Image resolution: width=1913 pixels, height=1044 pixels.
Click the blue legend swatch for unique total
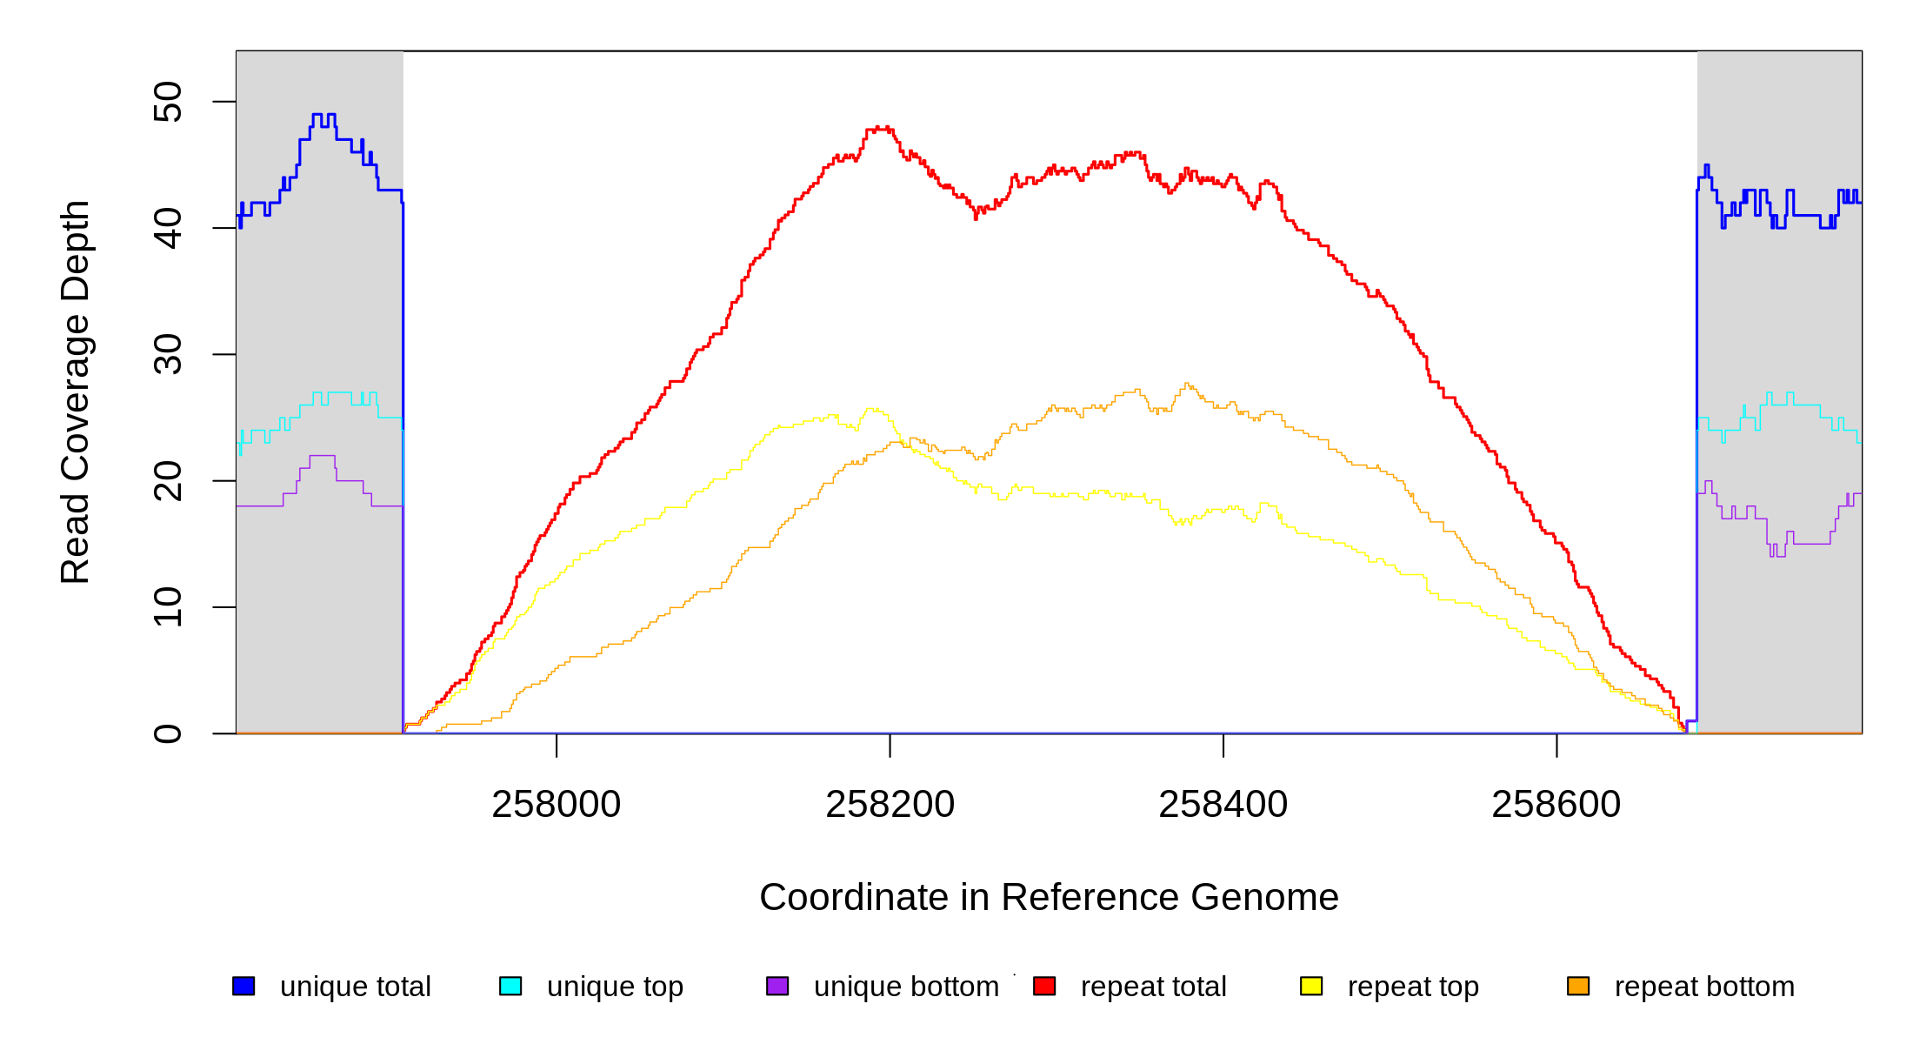[x=243, y=986]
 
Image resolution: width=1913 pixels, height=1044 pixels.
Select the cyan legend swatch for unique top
[x=510, y=986]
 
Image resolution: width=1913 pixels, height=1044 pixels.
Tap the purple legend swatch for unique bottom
[x=777, y=986]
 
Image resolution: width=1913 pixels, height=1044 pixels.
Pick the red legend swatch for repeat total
[x=1044, y=986]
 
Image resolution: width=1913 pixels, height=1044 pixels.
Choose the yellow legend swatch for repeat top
[x=1311, y=986]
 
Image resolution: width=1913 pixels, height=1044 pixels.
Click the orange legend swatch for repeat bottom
[x=1578, y=986]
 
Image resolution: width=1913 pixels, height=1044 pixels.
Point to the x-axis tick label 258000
[x=557, y=805]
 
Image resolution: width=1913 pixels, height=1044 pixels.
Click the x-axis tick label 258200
[x=890, y=805]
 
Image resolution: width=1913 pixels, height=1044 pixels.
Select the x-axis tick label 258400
[x=1223, y=805]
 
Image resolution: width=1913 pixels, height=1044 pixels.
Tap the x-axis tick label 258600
[x=1556, y=805]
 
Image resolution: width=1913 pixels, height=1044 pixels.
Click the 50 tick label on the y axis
[x=168, y=102]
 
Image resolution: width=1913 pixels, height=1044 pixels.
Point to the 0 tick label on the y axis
[x=168, y=733]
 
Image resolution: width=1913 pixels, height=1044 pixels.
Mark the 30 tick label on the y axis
[x=168, y=354]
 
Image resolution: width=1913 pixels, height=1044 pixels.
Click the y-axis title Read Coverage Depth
[x=75, y=391]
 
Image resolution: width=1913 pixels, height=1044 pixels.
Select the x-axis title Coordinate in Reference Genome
[x=1049, y=897]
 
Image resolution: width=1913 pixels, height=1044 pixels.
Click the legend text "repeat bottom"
[x=1704, y=987]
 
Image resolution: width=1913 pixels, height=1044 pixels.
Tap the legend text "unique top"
[x=615, y=987]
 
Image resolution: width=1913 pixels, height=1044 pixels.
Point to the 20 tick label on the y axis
[x=168, y=481]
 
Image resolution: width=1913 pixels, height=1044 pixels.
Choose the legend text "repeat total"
[x=1153, y=987]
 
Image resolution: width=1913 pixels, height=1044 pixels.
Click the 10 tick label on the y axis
[x=168, y=607]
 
